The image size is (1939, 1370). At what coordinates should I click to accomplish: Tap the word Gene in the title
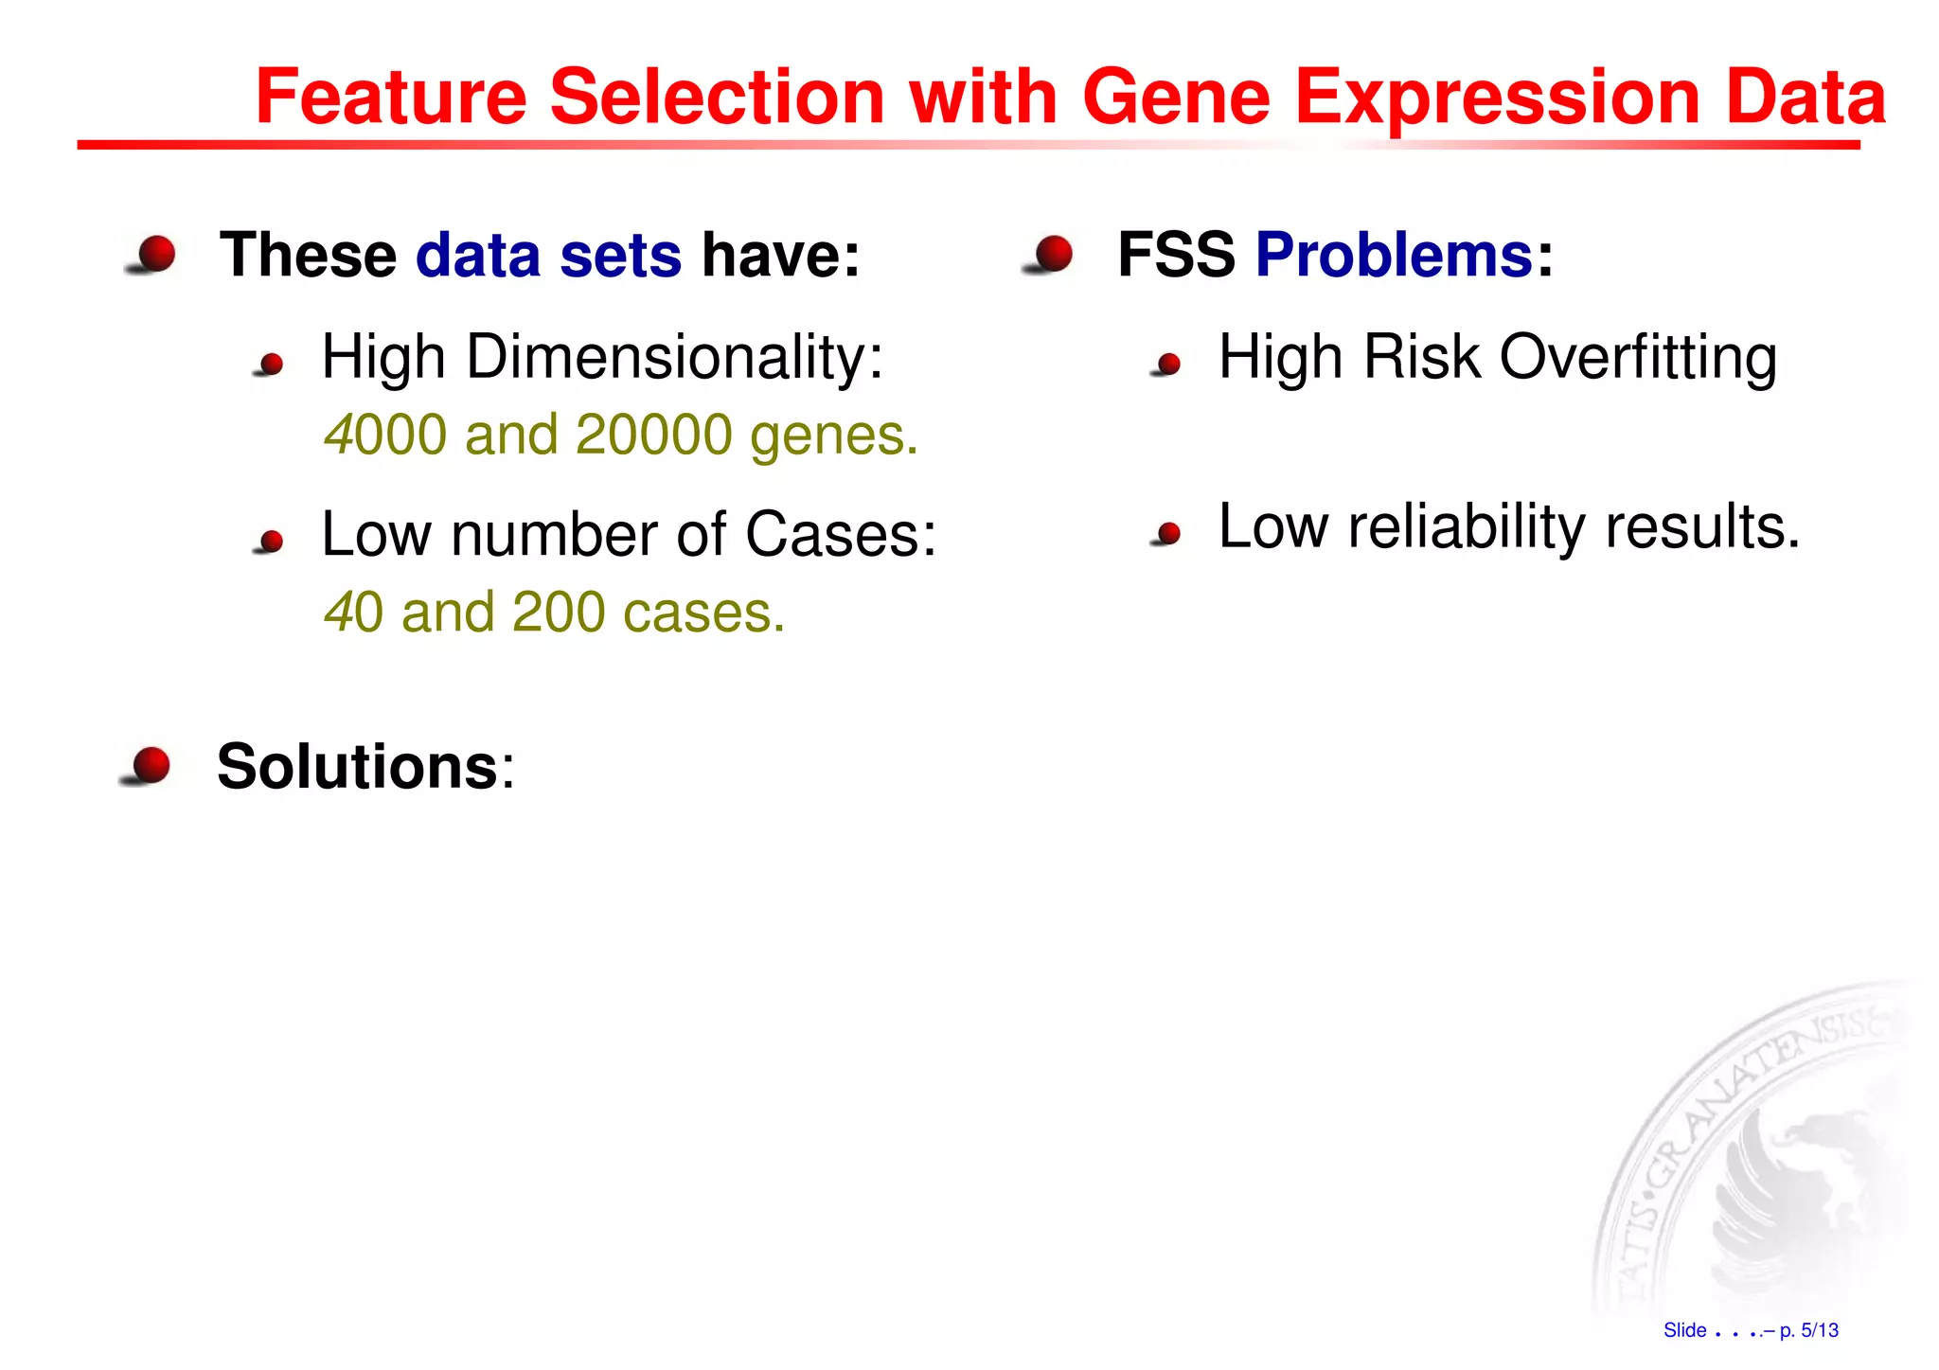pos(1175,97)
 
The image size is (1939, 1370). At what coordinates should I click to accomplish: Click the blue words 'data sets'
pos(548,255)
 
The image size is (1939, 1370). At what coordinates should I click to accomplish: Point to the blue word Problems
pos(1394,255)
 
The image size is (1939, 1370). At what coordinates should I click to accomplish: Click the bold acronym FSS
pos(1176,255)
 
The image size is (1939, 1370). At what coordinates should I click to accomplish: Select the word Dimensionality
pos(674,358)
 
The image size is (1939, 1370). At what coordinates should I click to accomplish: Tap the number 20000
pos(653,435)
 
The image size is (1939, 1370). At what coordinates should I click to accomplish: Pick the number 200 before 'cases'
pos(559,612)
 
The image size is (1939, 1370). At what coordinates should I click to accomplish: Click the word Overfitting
pos(1638,358)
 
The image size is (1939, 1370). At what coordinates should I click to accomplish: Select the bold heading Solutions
pos(357,766)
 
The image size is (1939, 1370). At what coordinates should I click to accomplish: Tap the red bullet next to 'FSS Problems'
pos(1052,255)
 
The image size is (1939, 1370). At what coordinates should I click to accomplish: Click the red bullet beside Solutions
pos(150,766)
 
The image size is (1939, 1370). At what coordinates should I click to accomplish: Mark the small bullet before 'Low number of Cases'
pos(271,542)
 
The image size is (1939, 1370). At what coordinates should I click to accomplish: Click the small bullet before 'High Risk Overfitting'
pos(1168,365)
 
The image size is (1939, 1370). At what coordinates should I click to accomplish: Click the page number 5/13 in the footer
pos(1819,1330)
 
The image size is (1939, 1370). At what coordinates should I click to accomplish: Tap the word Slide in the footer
pos(1684,1330)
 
